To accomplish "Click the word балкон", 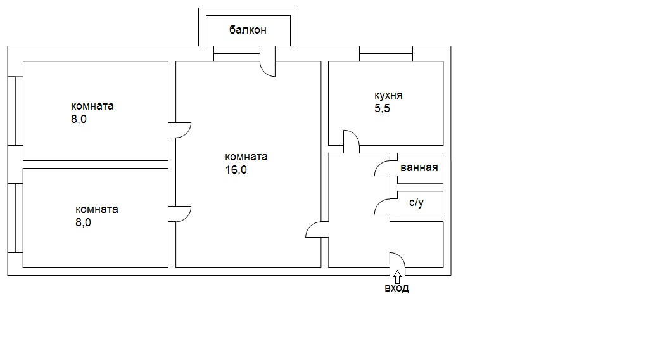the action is [248, 30].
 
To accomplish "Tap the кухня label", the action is [388, 95].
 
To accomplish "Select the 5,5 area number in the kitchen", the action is [383, 108].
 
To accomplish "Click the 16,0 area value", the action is [236, 170].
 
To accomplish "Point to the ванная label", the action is [419, 167].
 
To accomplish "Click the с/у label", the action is [416, 202].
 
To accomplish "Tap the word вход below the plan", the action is [396, 288].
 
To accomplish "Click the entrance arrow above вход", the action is [397, 275].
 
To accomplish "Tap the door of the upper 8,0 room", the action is [187, 134].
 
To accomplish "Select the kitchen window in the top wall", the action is [386, 54].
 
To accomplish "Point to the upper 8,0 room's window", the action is [15, 111].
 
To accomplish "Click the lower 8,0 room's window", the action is [15, 218].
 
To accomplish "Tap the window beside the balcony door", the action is [237, 54].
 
